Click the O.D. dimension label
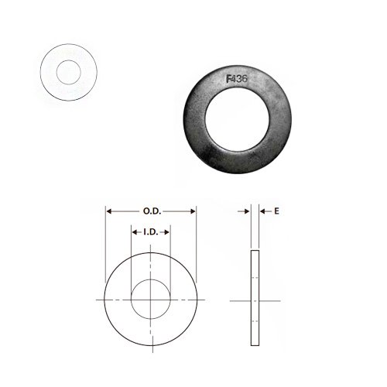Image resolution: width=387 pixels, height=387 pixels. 152,211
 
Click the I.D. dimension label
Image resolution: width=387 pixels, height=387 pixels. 151,232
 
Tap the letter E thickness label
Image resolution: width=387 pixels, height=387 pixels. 276,211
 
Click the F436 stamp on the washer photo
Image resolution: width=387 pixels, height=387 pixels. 237,79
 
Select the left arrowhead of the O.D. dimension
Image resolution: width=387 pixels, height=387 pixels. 109,211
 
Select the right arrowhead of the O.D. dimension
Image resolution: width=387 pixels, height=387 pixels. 193,211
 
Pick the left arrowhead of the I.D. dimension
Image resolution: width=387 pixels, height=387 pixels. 135,232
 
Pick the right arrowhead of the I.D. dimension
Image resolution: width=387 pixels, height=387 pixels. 166,232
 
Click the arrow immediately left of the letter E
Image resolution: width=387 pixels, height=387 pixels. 265,211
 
